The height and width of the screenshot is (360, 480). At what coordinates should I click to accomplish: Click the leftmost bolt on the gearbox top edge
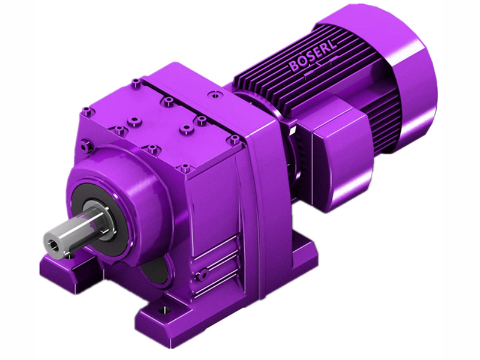click(88, 110)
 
